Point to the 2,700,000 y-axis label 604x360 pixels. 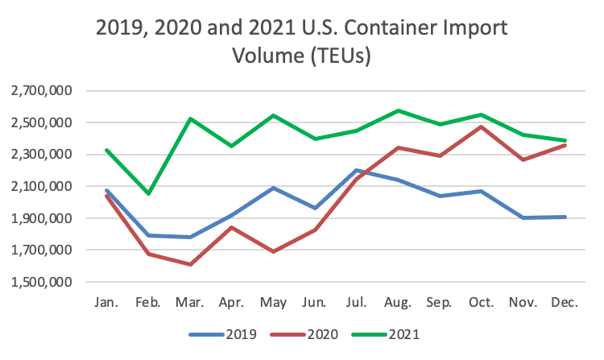tap(42, 91)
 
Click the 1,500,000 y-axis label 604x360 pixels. tap(42, 282)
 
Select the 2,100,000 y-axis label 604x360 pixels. tap(42, 187)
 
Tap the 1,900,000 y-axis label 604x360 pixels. tap(42, 218)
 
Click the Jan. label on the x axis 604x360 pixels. tap(106, 302)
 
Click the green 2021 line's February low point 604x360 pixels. tap(149, 194)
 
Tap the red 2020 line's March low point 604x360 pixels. tap(191, 264)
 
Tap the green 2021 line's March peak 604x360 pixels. tap(191, 118)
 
